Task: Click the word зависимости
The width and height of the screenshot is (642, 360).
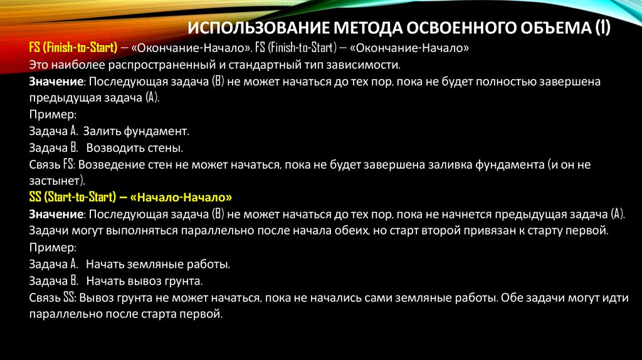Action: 366,65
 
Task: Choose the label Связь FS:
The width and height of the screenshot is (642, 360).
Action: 52,165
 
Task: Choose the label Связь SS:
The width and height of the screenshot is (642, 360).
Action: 52,296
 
